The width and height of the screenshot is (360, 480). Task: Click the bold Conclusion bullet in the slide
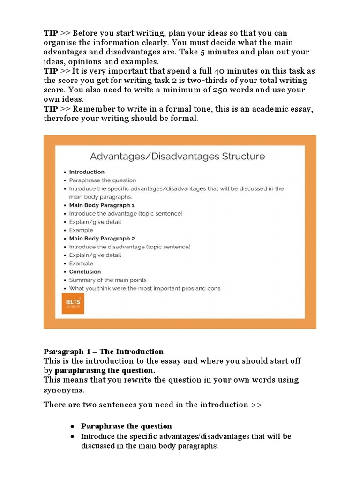[x=85, y=271]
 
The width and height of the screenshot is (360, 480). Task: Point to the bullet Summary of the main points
[x=108, y=280]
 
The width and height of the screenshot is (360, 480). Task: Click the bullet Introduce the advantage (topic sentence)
[x=126, y=213]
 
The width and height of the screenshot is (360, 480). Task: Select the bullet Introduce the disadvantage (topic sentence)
[x=130, y=247]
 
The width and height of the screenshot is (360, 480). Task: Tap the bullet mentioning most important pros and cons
[x=144, y=288]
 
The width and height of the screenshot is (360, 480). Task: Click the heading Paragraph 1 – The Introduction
[x=104, y=352]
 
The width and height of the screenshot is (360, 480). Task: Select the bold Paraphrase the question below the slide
[x=126, y=426]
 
